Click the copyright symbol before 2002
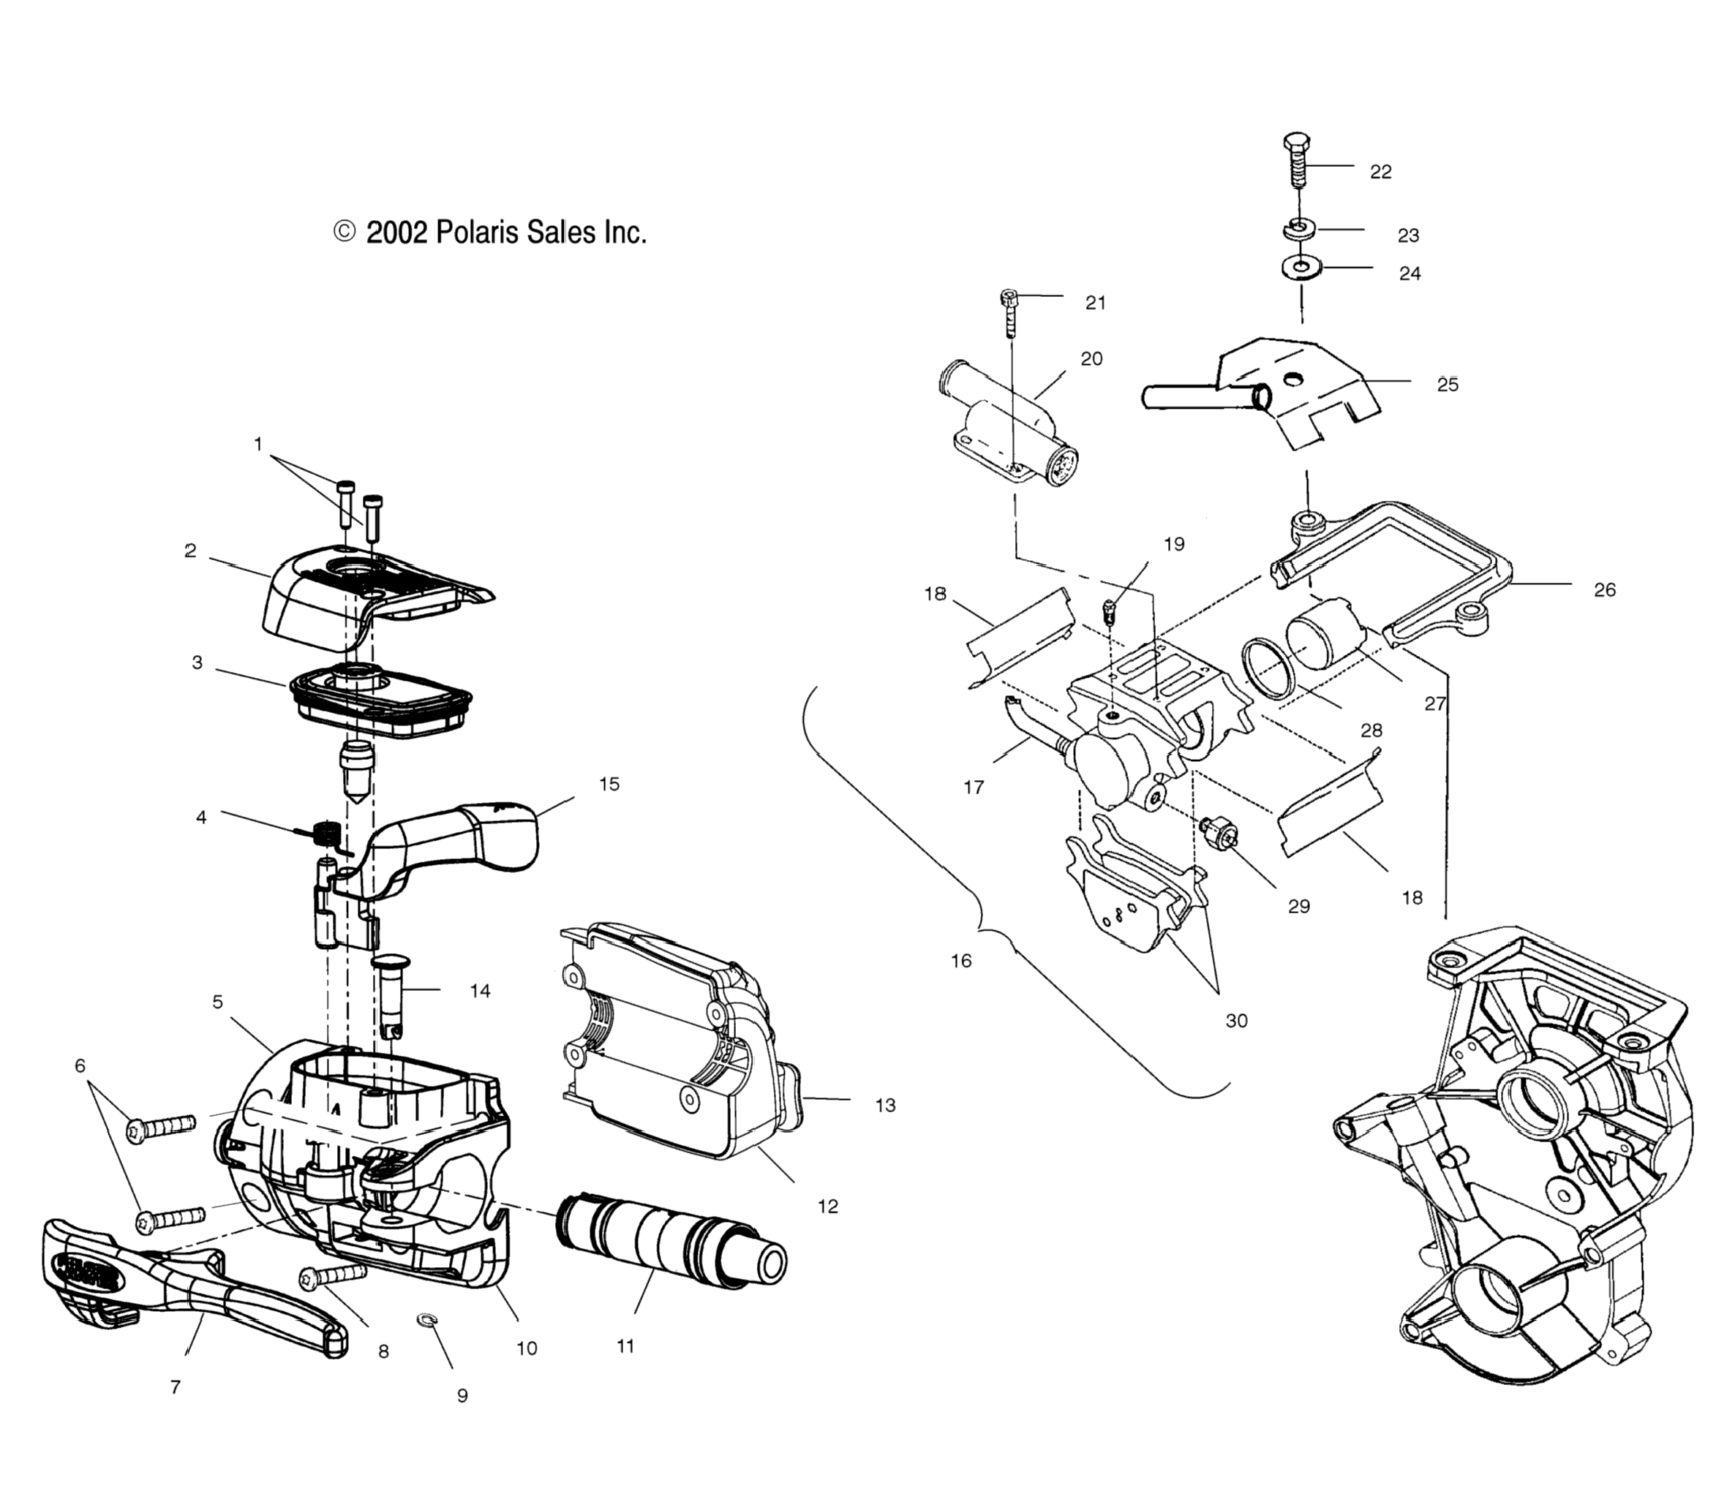pyautogui.click(x=345, y=232)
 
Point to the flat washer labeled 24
pyautogui.click(x=1301, y=268)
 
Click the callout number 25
pyautogui.click(x=1448, y=385)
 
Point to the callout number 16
pyautogui.click(x=960, y=960)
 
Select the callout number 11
pyautogui.click(x=625, y=1369)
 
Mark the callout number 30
pyautogui.click(x=1235, y=1021)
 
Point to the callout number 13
pyautogui.click(x=885, y=1106)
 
